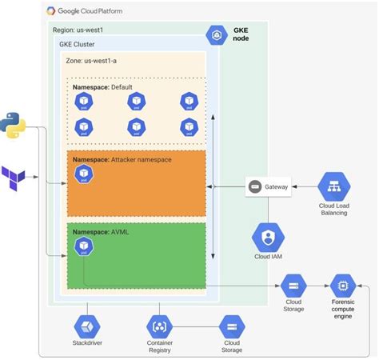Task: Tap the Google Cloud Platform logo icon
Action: click(x=52, y=11)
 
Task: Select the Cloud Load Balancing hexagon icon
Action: click(x=334, y=187)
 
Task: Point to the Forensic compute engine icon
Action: click(x=343, y=285)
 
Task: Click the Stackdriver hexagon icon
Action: click(x=86, y=326)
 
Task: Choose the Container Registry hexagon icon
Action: click(x=160, y=326)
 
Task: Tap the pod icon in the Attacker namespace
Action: click(x=82, y=174)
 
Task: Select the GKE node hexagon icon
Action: click(x=217, y=36)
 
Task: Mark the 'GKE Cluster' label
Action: click(x=78, y=45)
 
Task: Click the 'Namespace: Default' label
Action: click(x=102, y=86)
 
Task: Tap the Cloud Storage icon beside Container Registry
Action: click(x=232, y=326)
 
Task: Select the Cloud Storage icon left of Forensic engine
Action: click(x=292, y=285)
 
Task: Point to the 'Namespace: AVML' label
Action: click(x=99, y=231)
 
